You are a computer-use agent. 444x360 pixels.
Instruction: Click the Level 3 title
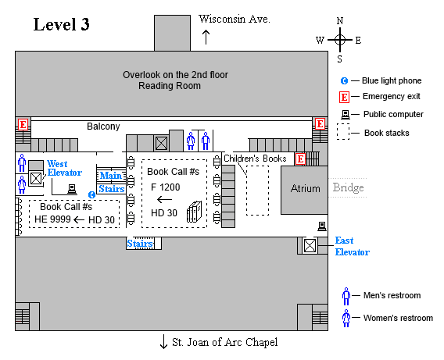pos(61,24)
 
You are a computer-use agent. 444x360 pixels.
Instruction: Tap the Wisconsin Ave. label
pos(235,19)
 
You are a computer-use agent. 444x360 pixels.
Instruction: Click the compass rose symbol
pos(339,39)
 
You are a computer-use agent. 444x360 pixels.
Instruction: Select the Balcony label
pos(103,127)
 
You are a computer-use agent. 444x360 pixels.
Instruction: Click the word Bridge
pos(349,188)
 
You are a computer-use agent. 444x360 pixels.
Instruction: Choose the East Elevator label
pos(352,246)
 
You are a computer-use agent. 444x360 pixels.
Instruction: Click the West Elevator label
pos(64,168)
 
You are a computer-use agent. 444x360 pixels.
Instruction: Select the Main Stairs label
pos(112,182)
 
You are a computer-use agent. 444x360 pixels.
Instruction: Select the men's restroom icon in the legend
pos(346,296)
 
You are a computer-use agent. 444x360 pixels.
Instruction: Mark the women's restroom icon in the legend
pos(346,318)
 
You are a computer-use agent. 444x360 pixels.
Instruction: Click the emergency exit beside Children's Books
pos(300,159)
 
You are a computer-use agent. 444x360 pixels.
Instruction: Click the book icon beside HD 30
pos(194,212)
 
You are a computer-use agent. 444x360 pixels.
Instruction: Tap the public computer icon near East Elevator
pos(321,226)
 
